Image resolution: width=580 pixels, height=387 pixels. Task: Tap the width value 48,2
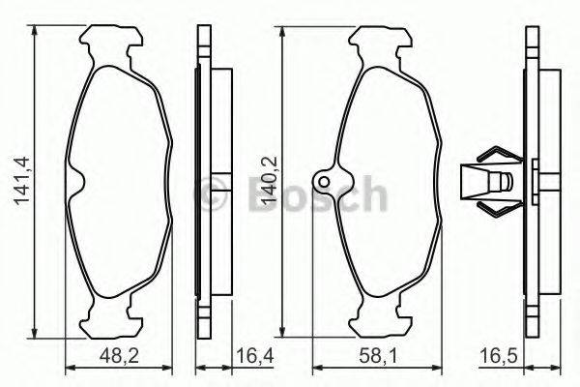click(x=119, y=357)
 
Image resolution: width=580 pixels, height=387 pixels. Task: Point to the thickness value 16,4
click(x=253, y=357)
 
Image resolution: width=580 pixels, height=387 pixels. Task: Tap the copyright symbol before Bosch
click(x=211, y=194)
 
